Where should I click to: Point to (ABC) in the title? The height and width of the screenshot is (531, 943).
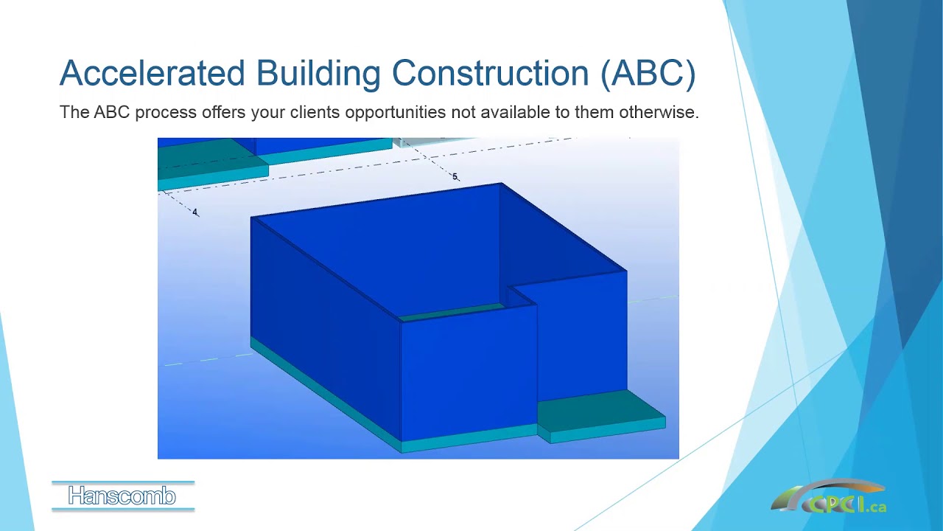(x=648, y=74)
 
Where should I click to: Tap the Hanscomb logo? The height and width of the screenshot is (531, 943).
(x=122, y=496)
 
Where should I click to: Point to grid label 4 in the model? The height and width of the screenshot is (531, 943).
(x=195, y=212)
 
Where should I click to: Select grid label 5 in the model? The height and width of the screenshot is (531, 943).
(x=455, y=177)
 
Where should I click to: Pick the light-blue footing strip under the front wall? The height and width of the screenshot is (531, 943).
(x=468, y=439)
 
